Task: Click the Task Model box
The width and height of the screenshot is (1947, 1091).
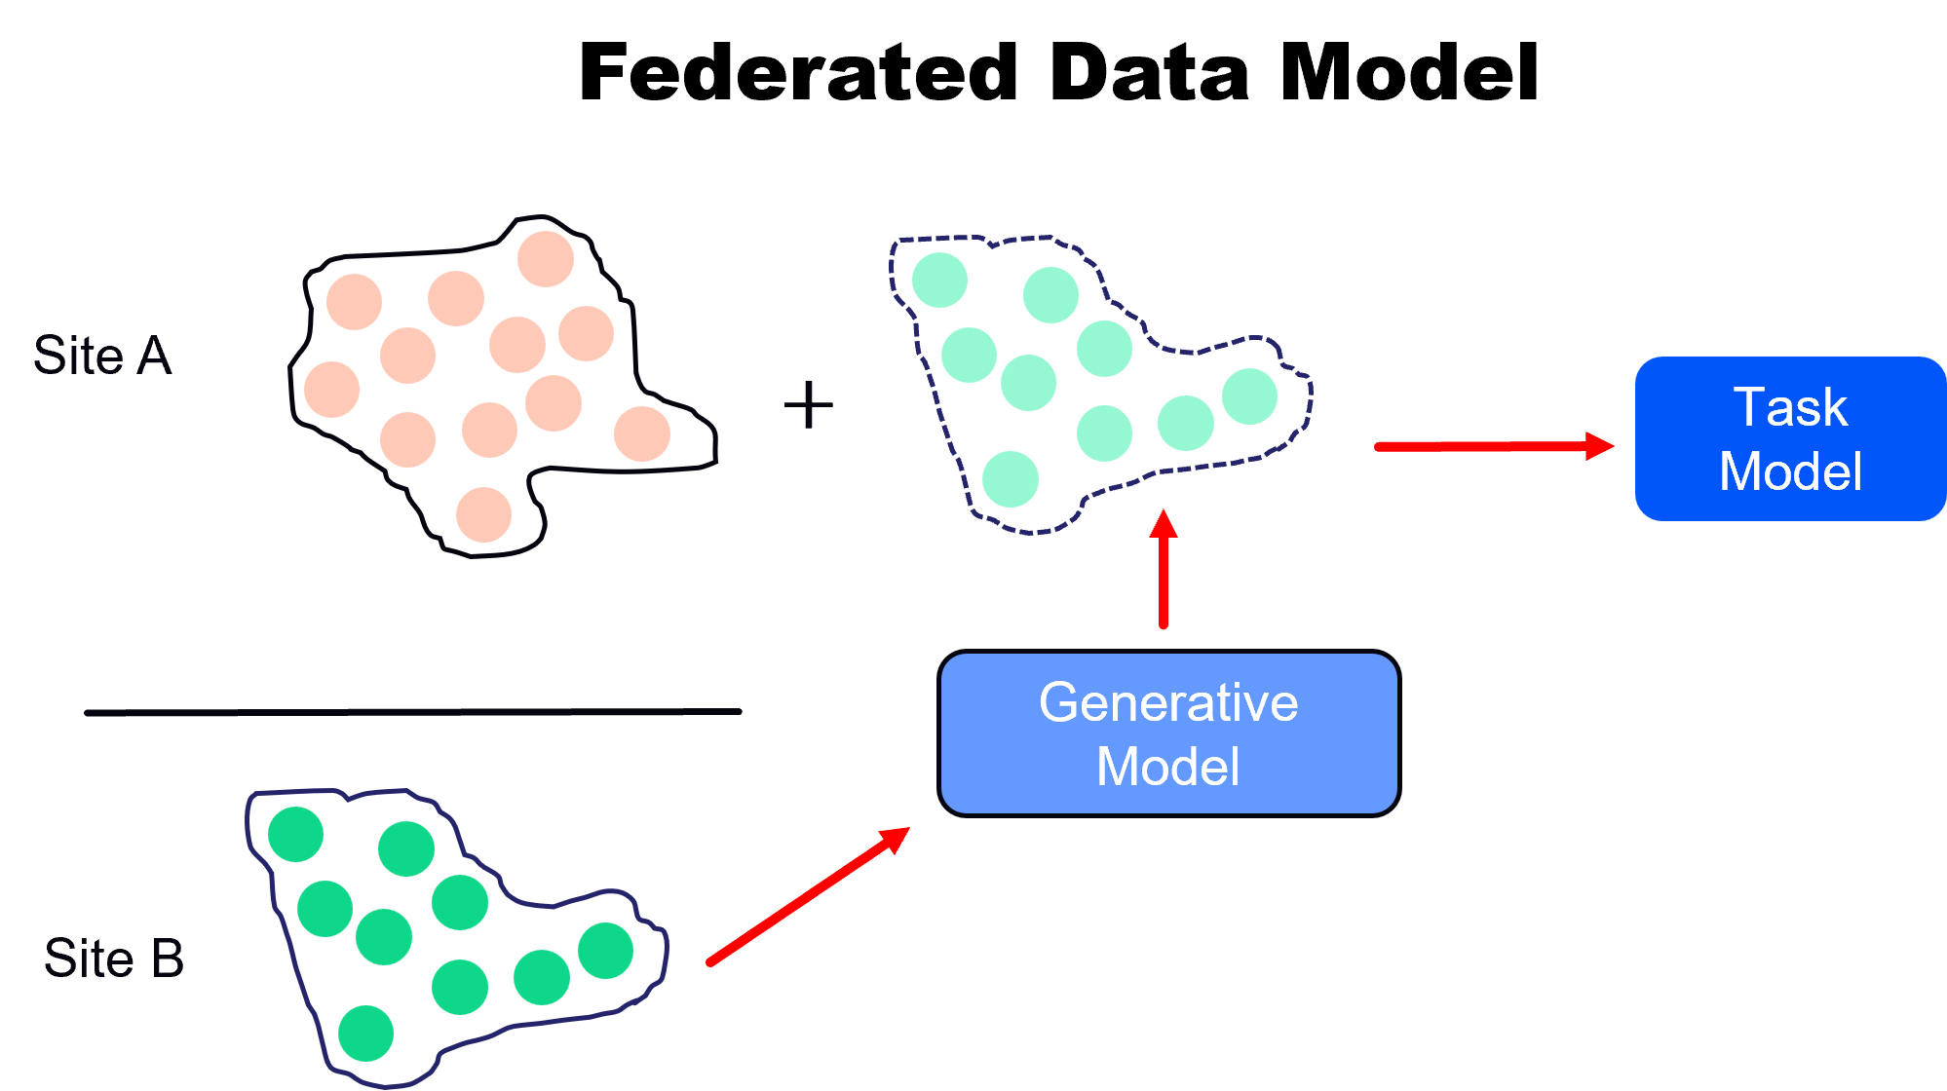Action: click(1789, 439)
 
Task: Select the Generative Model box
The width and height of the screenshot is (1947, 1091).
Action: click(1168, 734)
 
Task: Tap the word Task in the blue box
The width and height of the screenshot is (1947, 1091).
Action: click(1789, 407)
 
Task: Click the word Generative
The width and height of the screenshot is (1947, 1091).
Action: click(1168, 702)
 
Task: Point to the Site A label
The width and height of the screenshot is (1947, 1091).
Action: click(102, 356)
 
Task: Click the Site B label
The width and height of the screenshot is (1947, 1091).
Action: click(114, 959)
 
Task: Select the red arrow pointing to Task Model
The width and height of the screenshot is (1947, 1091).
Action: click(1491, 446)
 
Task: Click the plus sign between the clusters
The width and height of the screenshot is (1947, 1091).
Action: click(808, 405)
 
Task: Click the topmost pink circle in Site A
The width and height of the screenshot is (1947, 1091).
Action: click(546, 259)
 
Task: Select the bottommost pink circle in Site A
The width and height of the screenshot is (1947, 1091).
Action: click(484, 514)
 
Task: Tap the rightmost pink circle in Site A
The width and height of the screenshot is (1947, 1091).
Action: click(642, 433)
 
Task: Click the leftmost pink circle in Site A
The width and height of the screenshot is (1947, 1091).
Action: click(332, 390)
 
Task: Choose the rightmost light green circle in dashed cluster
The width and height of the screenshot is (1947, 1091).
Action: click(1249, 396)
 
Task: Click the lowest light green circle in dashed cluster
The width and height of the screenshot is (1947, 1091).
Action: click(1011, 479)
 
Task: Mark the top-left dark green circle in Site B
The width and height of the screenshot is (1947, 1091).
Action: click(295, 834)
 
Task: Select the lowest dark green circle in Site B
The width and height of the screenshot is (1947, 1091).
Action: click(366, 1034)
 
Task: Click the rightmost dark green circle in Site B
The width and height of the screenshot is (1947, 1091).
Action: click(606, 951)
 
